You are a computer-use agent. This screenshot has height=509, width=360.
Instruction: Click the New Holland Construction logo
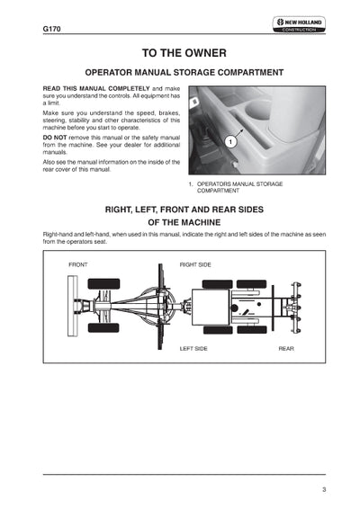point(299,24)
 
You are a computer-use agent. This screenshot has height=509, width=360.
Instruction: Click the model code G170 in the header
point(51,29)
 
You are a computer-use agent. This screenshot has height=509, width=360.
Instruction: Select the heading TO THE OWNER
point(184,53)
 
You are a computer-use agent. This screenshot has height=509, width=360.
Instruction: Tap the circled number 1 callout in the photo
point(230,142)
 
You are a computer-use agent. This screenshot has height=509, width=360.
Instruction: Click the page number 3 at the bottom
point(324,489)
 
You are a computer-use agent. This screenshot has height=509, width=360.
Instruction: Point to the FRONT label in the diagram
point(78,264)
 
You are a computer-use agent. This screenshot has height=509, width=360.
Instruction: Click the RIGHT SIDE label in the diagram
point(195,264)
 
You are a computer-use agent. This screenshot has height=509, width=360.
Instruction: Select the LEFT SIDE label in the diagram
point(193,348)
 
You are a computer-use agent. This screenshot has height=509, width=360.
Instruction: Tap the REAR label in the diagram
point(286,348)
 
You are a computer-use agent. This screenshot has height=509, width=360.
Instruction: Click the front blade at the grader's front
point(73,306)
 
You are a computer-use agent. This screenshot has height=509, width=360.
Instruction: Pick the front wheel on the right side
point(103,284)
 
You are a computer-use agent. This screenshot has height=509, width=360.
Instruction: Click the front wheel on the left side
point(103,327)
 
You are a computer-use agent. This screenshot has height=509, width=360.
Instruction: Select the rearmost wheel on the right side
point(251,284)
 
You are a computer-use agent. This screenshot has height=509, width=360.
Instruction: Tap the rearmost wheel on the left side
point(252,330)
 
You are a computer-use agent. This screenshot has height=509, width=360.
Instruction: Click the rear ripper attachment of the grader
point(293,308)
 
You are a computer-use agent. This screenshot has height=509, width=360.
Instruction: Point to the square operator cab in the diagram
point(211,307)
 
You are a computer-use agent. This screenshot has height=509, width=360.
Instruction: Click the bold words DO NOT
point(55,138)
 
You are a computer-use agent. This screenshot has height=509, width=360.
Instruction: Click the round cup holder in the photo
point(257,109)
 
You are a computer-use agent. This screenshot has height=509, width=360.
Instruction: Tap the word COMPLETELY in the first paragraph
point(129,88)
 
